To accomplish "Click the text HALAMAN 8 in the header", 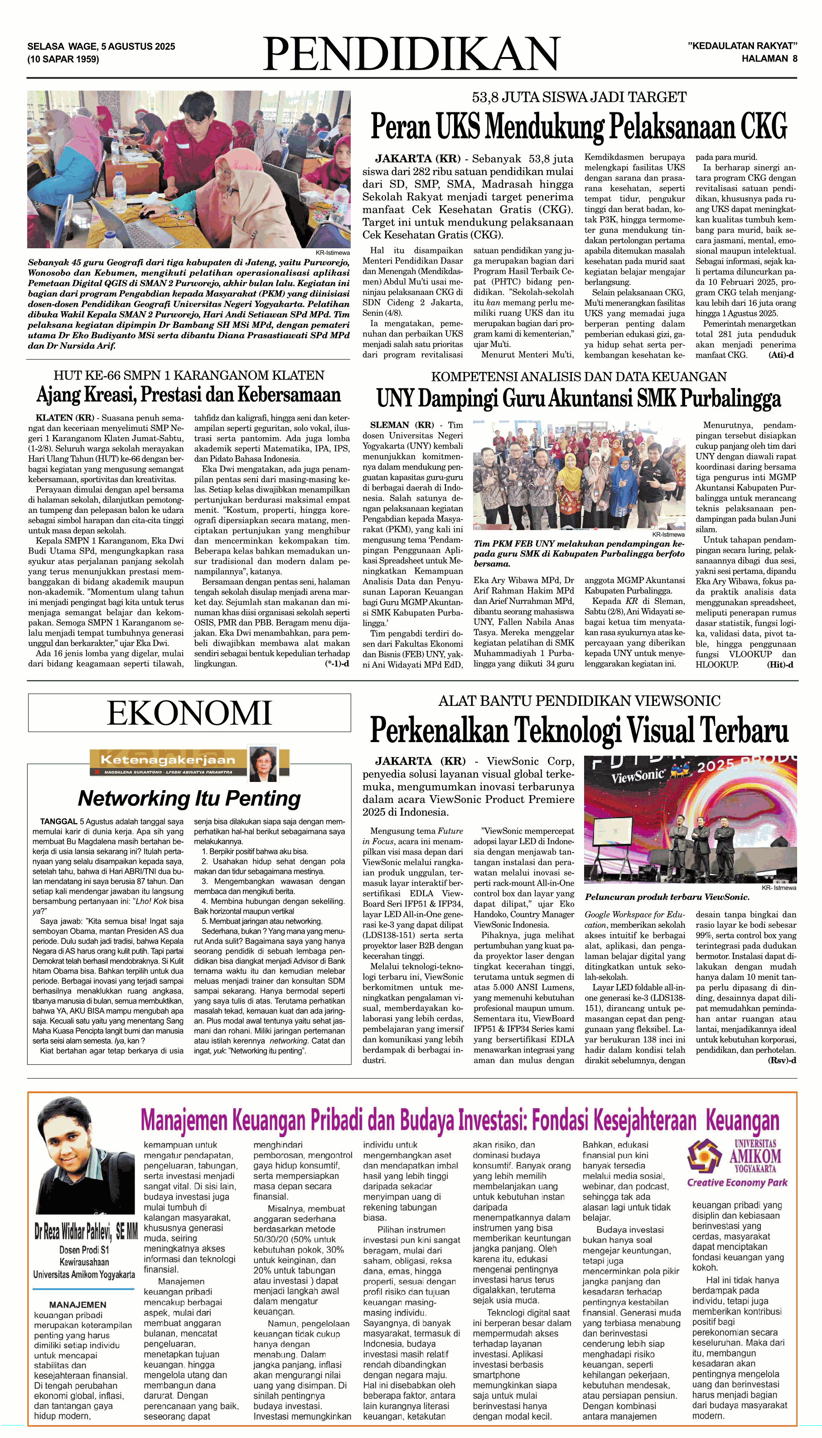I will (769, 58).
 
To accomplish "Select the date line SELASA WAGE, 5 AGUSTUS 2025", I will (101, 46).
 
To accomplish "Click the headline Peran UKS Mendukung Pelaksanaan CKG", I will (579, 126).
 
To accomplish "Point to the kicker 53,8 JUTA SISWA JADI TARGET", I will (579, 97).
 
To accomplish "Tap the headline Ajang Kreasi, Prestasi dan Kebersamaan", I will (189, 395).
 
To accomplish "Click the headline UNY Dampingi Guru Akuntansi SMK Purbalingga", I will (579, 398).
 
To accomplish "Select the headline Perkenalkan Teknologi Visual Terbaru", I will (579, 730).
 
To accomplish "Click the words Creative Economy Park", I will (737, 1182).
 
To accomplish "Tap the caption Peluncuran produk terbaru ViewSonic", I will (667, 897).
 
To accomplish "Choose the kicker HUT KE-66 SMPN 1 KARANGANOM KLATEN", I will (189, 375).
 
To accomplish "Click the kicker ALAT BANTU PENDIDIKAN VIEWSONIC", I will (579, 701).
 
